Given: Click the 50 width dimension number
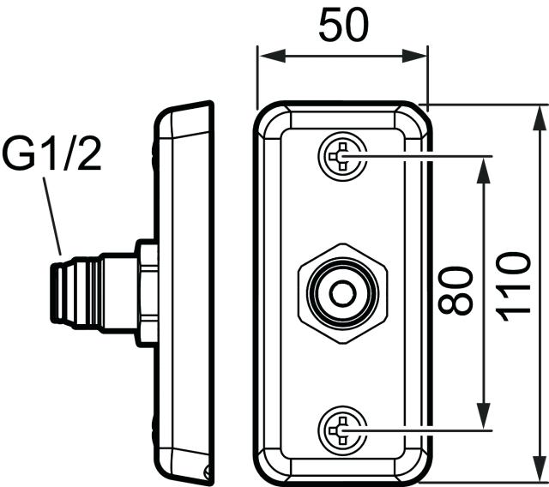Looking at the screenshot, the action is coord(343,25).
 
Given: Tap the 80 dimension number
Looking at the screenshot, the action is coord(455,291).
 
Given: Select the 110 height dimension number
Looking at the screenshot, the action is coord(514,287).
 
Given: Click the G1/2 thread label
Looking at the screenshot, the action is coord(51,154).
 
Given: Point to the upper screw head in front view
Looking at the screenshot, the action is coord(342,156).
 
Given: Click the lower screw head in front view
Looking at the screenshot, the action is coord(342,430).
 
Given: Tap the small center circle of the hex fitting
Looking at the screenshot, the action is coord(343,293).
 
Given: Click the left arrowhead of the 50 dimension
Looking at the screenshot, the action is coord(273,56).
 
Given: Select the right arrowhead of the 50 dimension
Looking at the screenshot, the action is coord(414,56).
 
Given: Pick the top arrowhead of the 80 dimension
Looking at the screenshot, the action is coord(484,171).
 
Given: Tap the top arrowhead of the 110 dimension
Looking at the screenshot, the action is coord(540,118).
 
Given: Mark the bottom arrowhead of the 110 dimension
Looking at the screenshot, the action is coord(540,469).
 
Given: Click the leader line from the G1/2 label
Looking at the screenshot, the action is coord(52,216).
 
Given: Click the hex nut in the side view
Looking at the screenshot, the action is coord(147,293).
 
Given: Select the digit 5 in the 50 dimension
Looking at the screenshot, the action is coord(330,25).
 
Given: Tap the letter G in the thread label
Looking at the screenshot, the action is coord(18,154).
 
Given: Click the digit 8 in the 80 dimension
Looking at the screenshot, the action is coord(455,304).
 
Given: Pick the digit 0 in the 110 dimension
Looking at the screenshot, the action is coord(514,264).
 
